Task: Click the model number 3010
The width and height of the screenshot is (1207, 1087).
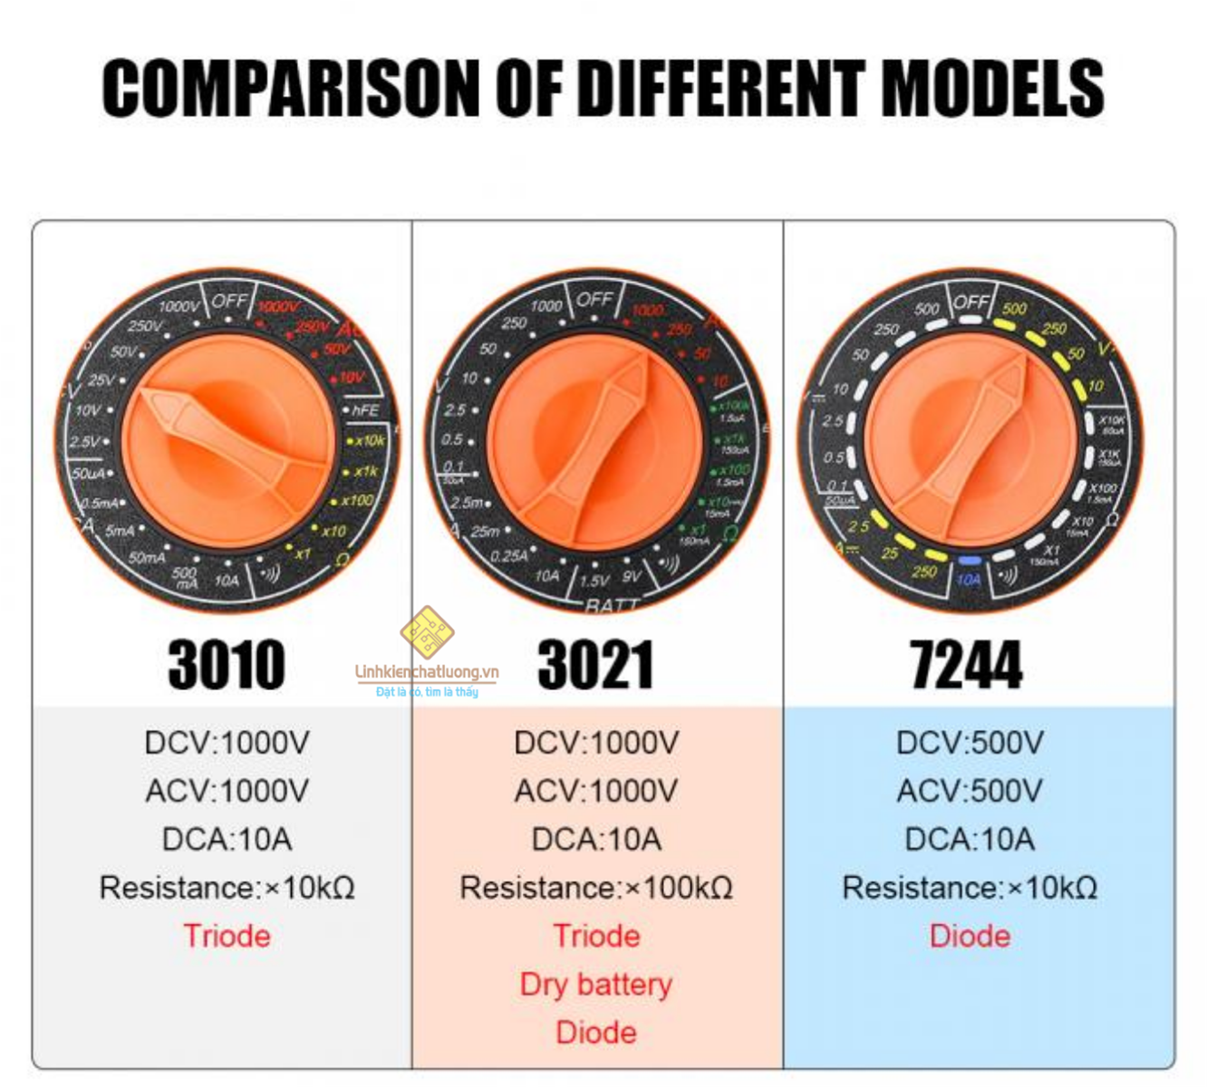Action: click(227, 665)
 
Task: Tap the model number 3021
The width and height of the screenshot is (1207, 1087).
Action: click(595, 665)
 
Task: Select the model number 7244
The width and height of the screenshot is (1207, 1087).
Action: click(966, 665)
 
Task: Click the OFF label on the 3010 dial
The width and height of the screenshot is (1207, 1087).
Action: click(228, 300)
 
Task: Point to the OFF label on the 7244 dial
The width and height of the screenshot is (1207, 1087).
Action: click(970, 301)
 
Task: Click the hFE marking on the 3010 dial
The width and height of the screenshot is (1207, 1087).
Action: click(365, 410)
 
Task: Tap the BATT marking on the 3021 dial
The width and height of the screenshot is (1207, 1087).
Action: click(612, 605)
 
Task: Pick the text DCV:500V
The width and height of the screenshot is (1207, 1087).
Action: click(970, 743)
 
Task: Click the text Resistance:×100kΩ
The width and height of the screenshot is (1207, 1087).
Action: click(596, 888)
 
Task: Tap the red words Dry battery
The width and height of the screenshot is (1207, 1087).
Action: click(596, 985)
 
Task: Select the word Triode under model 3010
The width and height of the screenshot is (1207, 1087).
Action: click(227, 936)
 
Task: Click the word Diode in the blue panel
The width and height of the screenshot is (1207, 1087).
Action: click(970, 936)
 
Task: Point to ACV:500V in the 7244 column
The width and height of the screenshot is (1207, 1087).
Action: click(970, 791)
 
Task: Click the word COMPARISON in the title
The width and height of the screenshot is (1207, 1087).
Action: click(290, 88)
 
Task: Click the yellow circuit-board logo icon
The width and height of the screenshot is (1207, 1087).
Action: click(427, 631)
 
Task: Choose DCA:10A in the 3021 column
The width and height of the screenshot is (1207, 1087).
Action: click(596, 840)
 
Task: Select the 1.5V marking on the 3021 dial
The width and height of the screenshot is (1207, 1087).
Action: click(594, 581)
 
